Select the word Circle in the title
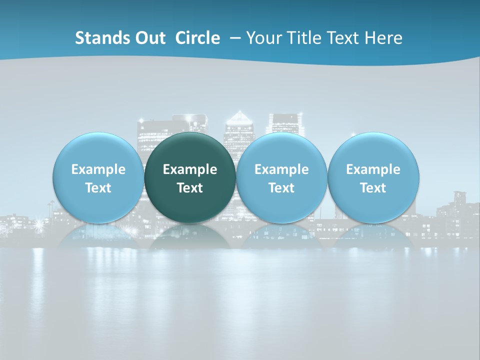tap(197, 38)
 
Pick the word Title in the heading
tap(304, 38)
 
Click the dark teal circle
tap(190, 177)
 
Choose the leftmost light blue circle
tap(98, 177)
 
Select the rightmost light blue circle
tap(373, 177)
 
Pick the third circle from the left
tap(281, 177)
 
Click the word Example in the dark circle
tap(190, 169)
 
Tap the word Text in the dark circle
tap(190, 188)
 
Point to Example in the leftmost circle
tap(98, 169)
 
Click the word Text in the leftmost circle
tap(98, 188)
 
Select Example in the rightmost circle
tap(373, 169)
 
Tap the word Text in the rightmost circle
tap(373, 188)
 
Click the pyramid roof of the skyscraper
tap(239, 118)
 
